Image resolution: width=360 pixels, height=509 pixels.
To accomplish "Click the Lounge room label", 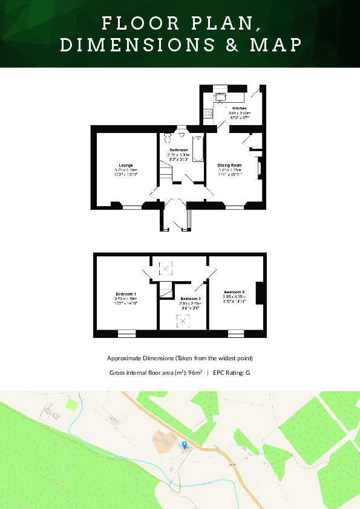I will point(126,164).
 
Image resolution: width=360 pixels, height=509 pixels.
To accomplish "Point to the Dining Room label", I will point(229,164).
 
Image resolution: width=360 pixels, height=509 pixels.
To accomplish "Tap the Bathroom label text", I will point(178,149).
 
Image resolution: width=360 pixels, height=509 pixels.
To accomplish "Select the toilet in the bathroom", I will point(181,136).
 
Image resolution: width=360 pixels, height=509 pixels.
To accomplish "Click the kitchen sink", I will point(220,96).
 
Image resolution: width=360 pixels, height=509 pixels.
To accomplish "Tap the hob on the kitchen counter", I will point(208,112).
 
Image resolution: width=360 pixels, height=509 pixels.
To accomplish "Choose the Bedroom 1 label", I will point(126,293).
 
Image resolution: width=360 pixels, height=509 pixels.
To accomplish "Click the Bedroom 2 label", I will point(234,292).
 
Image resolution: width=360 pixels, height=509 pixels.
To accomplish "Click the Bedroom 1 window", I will point(126,332).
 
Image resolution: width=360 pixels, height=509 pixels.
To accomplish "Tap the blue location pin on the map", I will point(185,444).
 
